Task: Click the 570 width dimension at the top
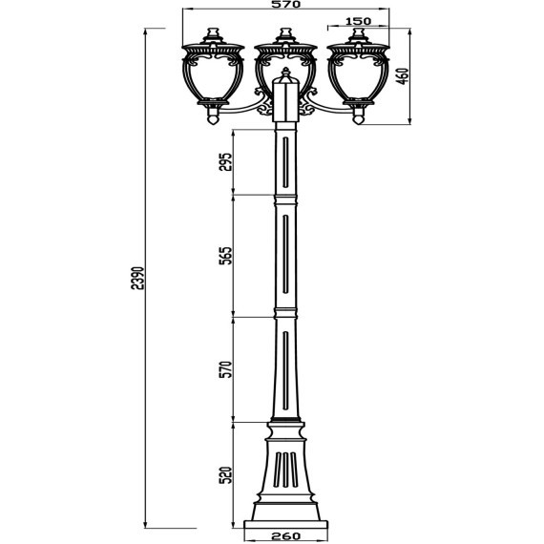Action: [x=285, y=6]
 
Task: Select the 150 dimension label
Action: [x=358, y=21]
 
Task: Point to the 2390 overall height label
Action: [x=136, y=277]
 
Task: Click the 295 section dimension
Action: [x=226, y=163]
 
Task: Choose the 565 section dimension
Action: [x=226, y=257]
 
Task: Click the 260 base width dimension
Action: [x=285, y=536]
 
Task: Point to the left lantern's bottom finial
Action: [x=212, y=118]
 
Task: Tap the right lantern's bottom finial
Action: [x=359, y=118]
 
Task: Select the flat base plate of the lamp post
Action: [x=285, y=521]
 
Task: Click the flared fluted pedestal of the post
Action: [x=285, y=472]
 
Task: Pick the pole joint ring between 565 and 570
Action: [x=285, y=316]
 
